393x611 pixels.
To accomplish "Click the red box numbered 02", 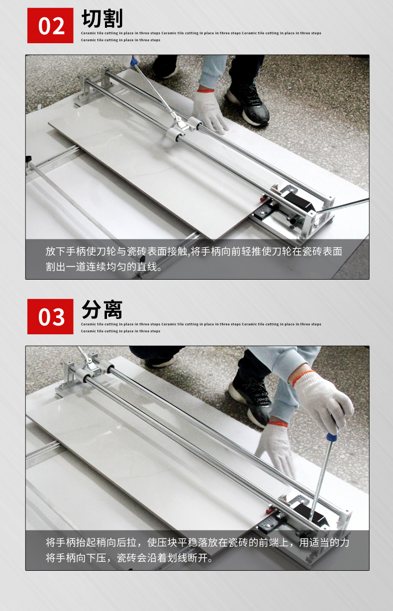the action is coord(50,25).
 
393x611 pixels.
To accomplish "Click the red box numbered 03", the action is coord(50,316).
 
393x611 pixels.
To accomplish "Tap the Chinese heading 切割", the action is coord(102,18).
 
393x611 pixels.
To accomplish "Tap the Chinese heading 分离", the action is coord(102,309).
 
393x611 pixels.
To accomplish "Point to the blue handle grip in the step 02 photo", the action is coord(134,62).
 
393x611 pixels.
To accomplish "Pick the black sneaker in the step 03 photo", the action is coord(250,401).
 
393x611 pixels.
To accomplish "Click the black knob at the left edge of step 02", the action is coord(28,159).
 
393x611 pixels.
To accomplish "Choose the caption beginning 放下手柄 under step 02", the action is coord(194,259).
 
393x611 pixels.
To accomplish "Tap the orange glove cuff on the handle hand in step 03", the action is coord(303,377).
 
